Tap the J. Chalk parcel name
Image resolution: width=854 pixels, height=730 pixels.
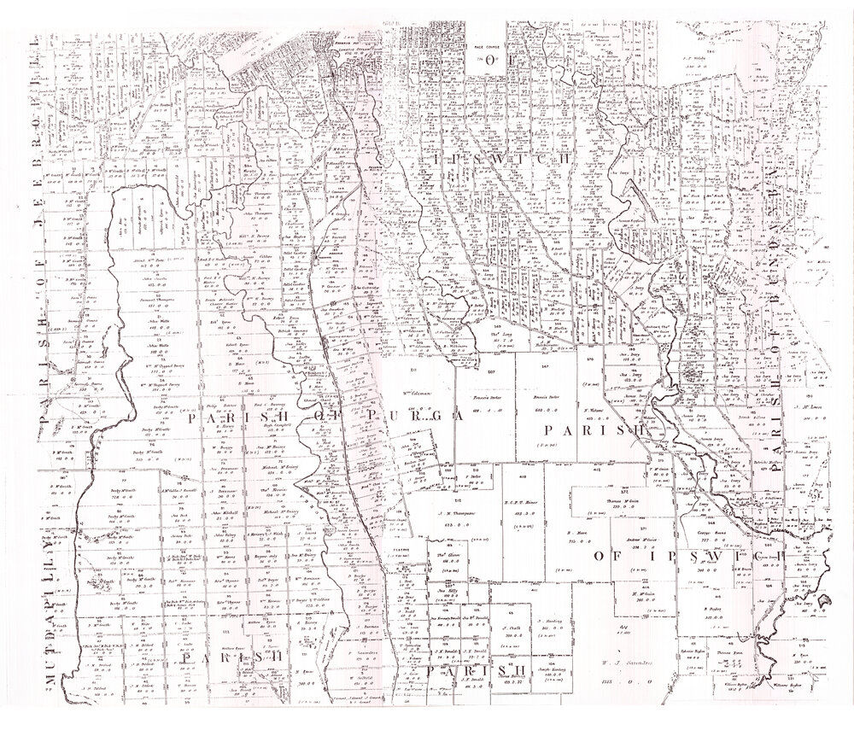pos(512,627)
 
